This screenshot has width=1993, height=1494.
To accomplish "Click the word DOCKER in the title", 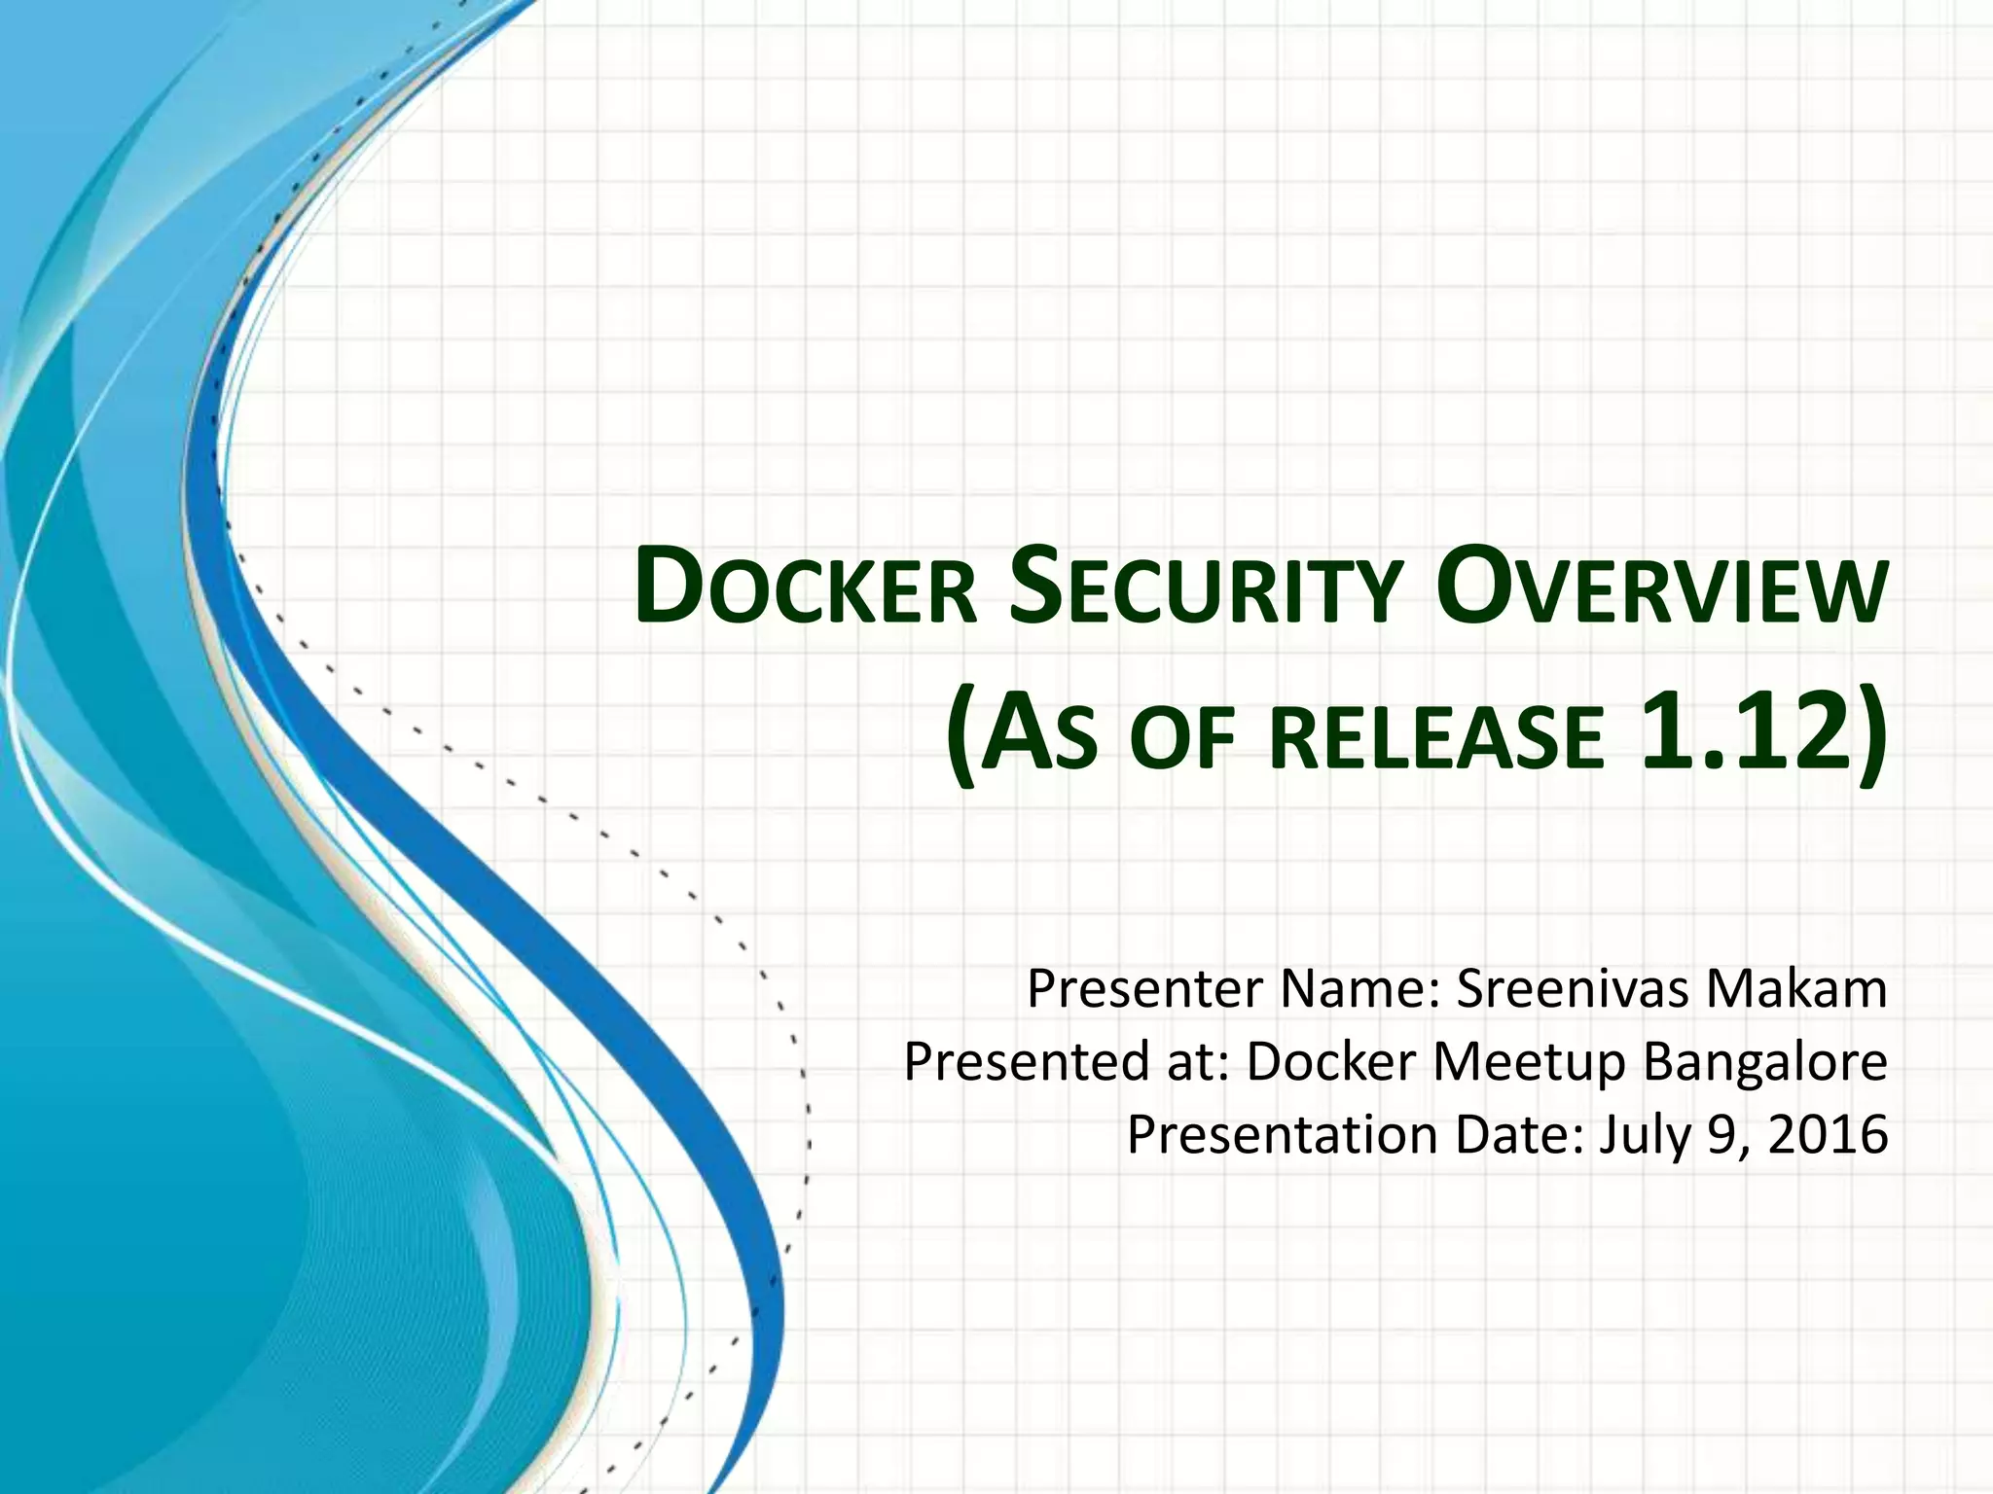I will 806,588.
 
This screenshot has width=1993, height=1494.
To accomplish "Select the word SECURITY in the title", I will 1205,588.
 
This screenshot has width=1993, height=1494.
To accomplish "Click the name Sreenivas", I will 1571,989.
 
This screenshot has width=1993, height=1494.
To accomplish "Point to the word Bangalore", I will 1765,1063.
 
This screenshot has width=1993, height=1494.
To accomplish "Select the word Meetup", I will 1530,1063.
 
